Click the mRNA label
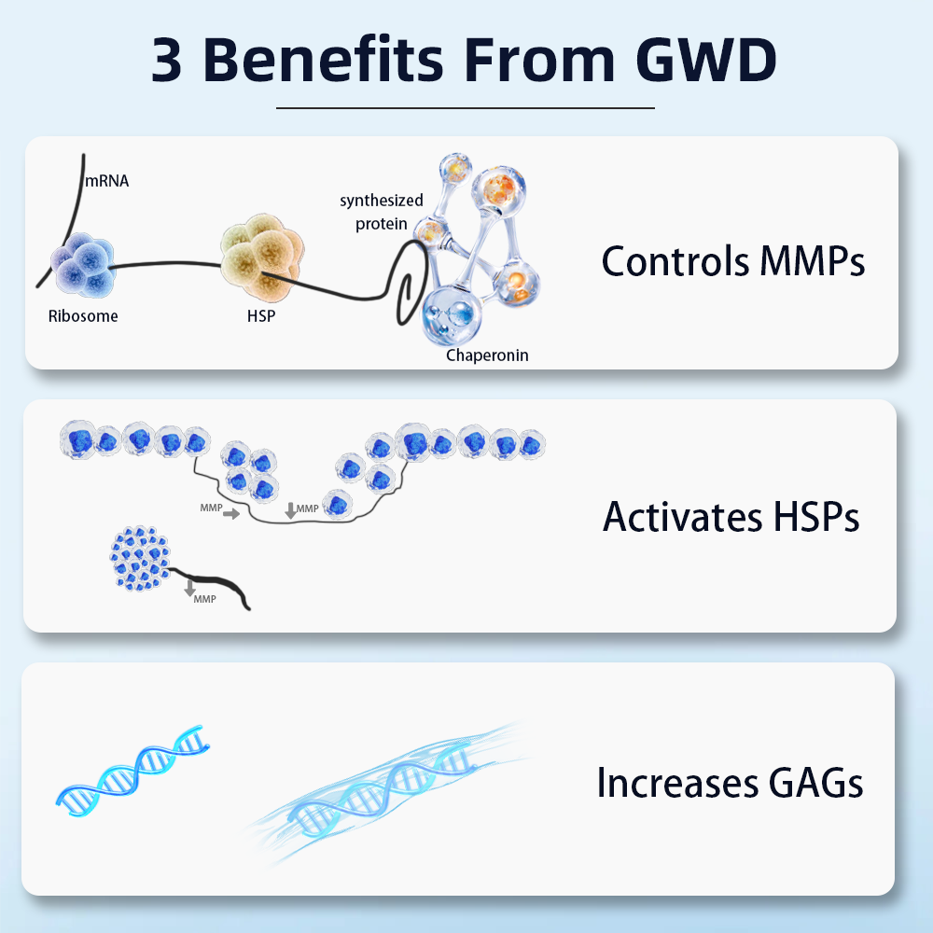pyautogui.click(x=106, y=181)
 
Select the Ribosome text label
pyautogui.click(x=83, y=316)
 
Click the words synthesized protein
pyautogui.click(x=381, y=212)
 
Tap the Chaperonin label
pyautogui.click(x=487, y=355)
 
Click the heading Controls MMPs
pyautogui.click(x=733, y=261)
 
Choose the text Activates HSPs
pyautogui.click(x=731, y=516)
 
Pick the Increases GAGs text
pyautogui.click(x=730, y=782)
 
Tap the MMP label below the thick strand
pyautogui.click(x=204, y=599)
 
